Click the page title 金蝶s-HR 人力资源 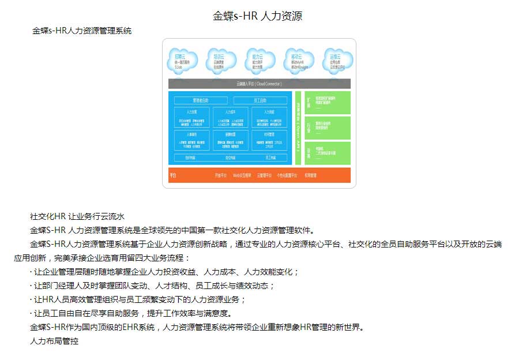(258, 16)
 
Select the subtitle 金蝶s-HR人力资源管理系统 (82, 31)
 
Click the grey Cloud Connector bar (259, 84)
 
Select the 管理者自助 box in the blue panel (200, 100)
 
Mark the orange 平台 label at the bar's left (172, 174)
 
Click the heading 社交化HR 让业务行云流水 (77, 217)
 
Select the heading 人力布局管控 (54, 341)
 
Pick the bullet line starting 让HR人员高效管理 (138, 299)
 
